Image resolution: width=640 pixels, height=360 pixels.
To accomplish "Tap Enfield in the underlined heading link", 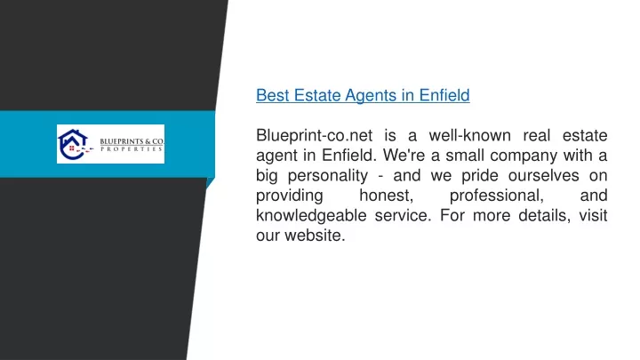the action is click(444, 95).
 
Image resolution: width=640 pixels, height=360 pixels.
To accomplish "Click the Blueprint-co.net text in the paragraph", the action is click(315, 135).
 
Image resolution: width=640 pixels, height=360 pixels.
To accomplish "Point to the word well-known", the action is click(469, 135).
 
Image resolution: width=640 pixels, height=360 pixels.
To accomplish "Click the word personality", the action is click(328, 176).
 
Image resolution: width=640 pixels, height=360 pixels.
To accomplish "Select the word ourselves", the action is click(543, 175).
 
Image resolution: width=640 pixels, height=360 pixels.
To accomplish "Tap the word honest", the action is click(386, 196).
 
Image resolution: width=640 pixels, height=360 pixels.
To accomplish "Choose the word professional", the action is click(497, 196).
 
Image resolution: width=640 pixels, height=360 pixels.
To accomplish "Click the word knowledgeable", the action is click(311, 215).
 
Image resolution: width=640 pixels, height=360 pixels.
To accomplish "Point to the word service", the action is click(403, 216).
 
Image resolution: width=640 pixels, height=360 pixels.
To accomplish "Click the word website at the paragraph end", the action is click(315, 236).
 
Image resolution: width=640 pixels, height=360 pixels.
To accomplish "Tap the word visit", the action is click(593, 215).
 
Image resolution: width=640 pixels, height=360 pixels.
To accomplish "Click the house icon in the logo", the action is click(74, 144).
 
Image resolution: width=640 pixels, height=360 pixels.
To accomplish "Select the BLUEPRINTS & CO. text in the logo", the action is click(132, 141).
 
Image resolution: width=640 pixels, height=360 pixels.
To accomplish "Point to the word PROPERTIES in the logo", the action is click(132, 149).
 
